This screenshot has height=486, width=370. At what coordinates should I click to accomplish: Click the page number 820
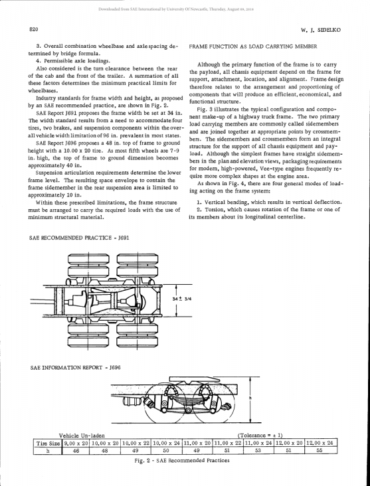(x=33, y=29)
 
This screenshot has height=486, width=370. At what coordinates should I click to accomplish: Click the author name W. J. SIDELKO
(x=321, y=30)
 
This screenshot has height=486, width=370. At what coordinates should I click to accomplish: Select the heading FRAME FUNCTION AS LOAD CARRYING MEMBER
(x=253, y=46)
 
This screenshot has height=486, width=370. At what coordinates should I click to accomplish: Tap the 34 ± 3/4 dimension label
(x=181, y=299)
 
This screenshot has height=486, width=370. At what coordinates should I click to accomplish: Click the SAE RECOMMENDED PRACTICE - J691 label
(x=79, y=238)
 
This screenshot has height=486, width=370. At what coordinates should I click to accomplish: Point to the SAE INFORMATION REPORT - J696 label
(x=75, y=368)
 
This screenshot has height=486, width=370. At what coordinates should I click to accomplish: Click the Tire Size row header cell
(x=48, y=444)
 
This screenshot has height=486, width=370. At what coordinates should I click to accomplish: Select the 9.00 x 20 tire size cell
(x=76, y=444)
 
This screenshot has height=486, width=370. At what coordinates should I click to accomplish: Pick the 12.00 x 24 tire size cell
(x=321, y=444)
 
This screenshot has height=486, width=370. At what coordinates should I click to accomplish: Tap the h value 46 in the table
(x=76, y=451)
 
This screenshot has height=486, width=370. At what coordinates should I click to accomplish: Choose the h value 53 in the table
(x=258, y=451)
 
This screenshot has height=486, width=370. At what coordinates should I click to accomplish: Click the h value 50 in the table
(x=167, y=451)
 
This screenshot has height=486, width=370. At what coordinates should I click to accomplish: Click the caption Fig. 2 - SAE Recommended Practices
(x=182, y=460)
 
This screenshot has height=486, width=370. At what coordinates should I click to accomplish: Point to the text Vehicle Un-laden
(x=82, y=436)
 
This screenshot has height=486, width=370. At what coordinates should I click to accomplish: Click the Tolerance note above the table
(x=260, y=436)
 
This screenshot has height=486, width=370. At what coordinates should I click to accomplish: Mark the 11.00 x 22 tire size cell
(x=228, y=444)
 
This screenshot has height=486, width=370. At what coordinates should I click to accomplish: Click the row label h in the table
(x=48, y=451)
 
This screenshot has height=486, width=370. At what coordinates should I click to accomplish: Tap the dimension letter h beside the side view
(x=250, y=398)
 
